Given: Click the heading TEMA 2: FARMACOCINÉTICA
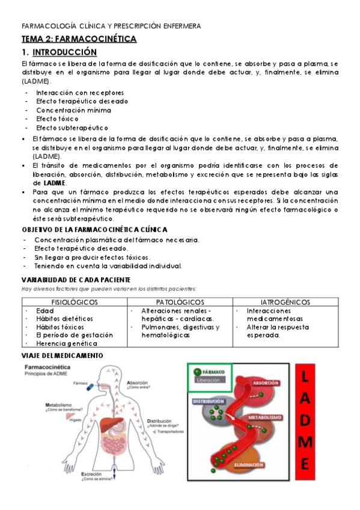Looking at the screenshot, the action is tap(79, 39).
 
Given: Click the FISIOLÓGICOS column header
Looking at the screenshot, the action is tap(75, 302).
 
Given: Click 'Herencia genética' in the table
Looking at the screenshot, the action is tap(66, 343).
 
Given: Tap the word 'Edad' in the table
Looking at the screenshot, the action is tap(45, 310).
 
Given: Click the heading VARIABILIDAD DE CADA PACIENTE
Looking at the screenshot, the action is tap(76, 280).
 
